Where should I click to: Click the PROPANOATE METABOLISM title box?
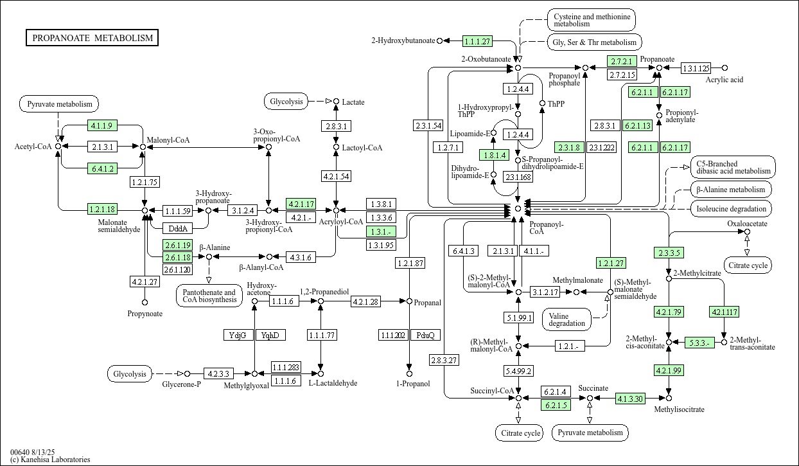pyautogui.click(x=92, y=38)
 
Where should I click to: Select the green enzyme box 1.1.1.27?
pyautogui.click(x=477, y=41)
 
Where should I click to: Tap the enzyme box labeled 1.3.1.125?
pyautogui.click(x=696, y=68)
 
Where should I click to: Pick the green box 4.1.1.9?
pyautogui.click(x=101, y=125)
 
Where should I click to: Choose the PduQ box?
pyautogui.click(x=425, y=335)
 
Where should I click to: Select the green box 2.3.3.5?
pyautogui.click(x=669, y=252)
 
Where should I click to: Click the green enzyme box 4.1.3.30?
pyautogui.click(x=631, y=399)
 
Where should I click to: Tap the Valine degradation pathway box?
pyautogui.click(x=568, y=319)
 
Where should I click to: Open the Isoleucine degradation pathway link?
pyautogui.click(x=732, y=209)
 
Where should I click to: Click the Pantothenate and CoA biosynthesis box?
pyautogui.click(x=209, y=296)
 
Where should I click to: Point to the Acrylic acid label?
pyautogui.click(x=724, y=80)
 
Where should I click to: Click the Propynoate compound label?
pyautogui.click(x=145, y=314)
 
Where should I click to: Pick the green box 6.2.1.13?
pyautogui.click(x=637, y=125)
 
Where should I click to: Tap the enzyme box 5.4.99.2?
pyautogui.click(x=518, y=371)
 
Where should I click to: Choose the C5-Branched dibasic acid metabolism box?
pyautogui.click(x=733, y=167)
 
